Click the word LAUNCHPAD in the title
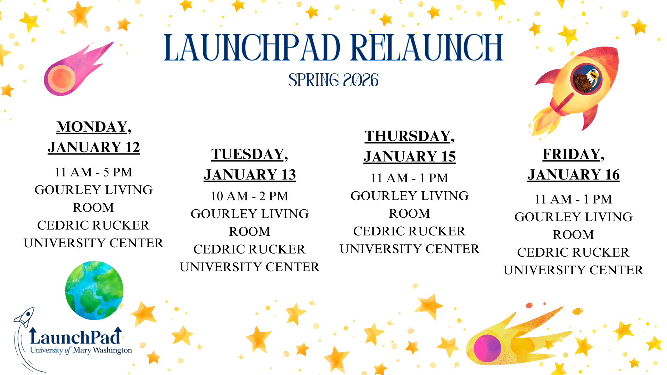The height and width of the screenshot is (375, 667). [252, 47]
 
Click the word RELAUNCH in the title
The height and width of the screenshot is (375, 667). [427, 47]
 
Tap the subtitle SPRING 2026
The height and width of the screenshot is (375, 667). [333, 80]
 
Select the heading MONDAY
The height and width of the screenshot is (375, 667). [92, 127]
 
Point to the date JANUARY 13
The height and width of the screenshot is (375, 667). [250, 175]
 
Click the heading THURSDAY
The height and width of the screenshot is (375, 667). [407, 136]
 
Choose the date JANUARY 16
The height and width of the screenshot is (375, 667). [574, 175]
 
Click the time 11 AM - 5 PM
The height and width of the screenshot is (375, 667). [93, 172]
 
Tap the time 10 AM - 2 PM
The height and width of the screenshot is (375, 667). [250, 196]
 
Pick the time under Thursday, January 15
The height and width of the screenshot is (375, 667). [410, 178]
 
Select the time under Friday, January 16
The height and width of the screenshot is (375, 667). [574, 199]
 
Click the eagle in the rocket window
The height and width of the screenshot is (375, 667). [587, 79]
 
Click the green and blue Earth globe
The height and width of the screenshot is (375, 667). [94, 290]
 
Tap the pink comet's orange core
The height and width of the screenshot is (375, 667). [61, 78]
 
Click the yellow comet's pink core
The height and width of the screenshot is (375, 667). [487, 348]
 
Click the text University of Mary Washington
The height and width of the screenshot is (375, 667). [81, 350]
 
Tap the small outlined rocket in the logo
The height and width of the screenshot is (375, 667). [25, 317]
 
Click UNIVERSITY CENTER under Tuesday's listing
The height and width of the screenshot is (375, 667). [250, 267]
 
